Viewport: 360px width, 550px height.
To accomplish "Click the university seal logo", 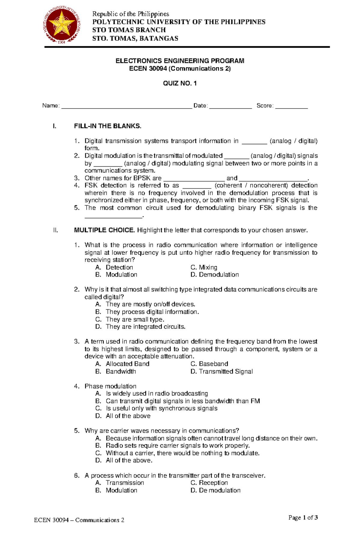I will point(62,26).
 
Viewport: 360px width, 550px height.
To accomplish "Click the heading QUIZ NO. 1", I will point(180,83).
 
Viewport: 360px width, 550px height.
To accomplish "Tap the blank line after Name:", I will point(126,106).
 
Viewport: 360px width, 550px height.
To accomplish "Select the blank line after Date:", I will point(230,106).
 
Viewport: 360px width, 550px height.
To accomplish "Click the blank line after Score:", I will point(291,106).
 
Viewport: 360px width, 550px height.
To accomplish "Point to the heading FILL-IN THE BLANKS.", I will point(107,126).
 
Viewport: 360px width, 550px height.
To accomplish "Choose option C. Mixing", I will point(204,267).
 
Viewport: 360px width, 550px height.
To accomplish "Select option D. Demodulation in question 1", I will point(214,275).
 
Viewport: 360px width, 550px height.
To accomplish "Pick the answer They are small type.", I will point(135,319).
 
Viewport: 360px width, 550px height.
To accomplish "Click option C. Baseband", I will point(209,364).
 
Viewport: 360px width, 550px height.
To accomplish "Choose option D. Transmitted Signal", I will point(221,371).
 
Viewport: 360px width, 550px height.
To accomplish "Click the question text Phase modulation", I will point(110,386).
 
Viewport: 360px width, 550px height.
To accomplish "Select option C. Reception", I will point(209,483).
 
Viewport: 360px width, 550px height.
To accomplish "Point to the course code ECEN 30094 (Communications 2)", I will point(180,69).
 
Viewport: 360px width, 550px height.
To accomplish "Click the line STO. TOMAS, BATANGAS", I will point(135,38).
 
